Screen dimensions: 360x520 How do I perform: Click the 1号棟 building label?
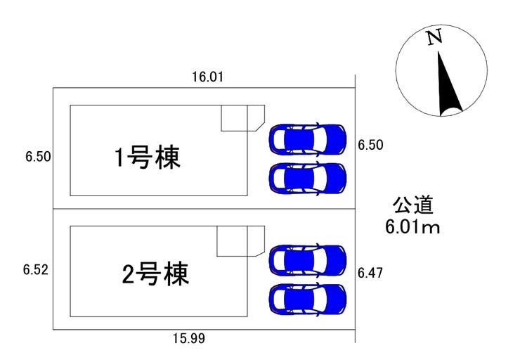tap(148, 157)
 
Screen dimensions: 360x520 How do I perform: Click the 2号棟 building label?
tap(155, 273)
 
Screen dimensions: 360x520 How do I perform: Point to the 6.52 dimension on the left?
tap(35, 269)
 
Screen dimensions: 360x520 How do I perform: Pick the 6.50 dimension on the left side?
tap(37, 157)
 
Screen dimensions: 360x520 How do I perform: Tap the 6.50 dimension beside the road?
tap(370, 146)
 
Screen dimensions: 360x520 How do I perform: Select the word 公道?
tap(412, 205)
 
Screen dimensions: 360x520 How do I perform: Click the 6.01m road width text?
tap(412, 226)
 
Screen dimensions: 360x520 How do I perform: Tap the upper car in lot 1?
tap(308, 139)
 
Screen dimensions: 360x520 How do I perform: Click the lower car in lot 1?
tap(308, 177)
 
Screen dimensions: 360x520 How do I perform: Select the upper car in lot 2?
tap(308, 259)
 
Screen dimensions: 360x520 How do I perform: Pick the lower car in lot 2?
tap(308, 299)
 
